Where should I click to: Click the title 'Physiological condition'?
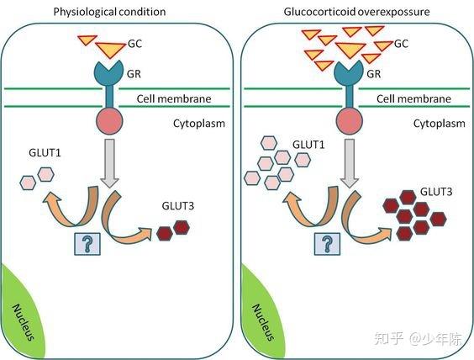[109, 12]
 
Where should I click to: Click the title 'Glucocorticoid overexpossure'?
[356, 12]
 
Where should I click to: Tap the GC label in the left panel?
[134, 44]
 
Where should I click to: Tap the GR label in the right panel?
[374, 74]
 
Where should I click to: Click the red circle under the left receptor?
[109, 121]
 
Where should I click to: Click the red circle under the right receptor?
[350, 121]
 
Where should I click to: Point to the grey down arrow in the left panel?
[109, 163]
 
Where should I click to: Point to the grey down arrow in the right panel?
[350, 163]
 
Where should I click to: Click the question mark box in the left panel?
[87, 244]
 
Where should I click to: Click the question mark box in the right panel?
[327, 244]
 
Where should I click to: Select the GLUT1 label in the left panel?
[45, 152]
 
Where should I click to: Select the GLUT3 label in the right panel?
[436, 192]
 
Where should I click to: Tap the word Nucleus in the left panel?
[23, 322]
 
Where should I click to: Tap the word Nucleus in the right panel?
[263, 322]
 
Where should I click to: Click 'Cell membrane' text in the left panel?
[174, 98]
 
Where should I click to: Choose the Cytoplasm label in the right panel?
[440, 124]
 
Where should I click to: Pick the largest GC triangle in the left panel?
[110, 50]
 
